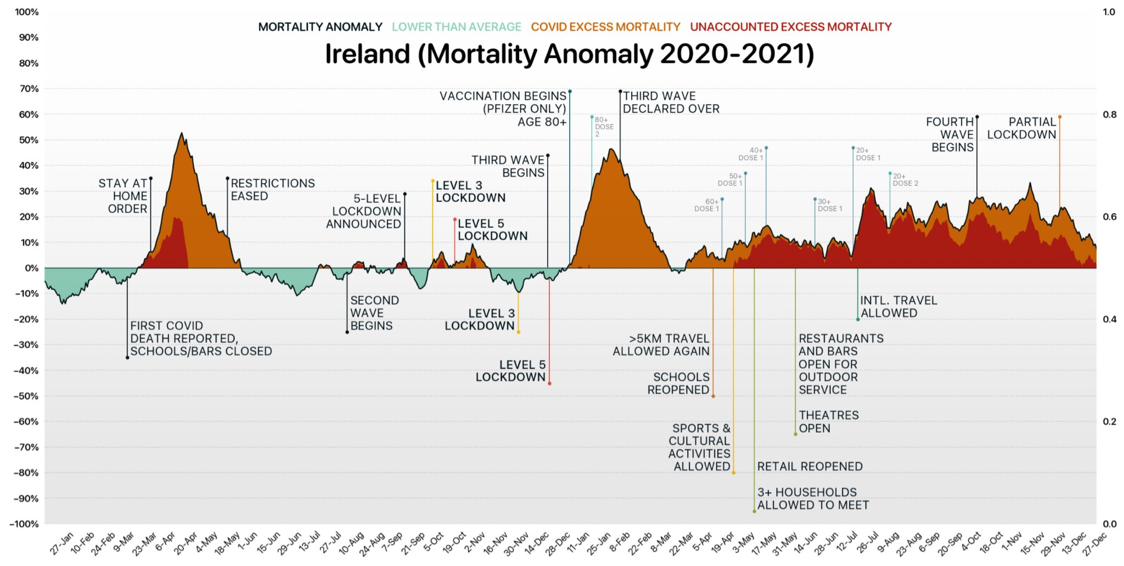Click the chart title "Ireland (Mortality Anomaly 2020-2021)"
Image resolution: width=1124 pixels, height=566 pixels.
pyautogui.click(x=569, y=54)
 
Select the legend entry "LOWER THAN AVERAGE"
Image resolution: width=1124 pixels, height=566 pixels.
pyautogui.click(x=456, y=27)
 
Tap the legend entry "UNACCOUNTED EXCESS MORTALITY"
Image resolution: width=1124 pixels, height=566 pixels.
pyautogui.click(x=790, y=27)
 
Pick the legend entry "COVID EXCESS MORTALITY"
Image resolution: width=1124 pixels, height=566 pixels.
pyautogui.click(x=605, y=27)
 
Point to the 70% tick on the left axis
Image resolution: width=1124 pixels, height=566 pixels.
pyautogui.click(x=29, y=89)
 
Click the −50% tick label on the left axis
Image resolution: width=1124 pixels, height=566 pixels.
pyautogui.click(x=26, y=396)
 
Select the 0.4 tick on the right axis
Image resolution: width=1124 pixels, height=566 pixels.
pyautogui.click(x=1109, y=319)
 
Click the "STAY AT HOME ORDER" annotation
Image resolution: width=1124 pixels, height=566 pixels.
pyautogui.click(x=123, y=196)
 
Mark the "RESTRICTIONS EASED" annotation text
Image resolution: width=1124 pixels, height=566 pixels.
pyautogui.click(x=272, y=190)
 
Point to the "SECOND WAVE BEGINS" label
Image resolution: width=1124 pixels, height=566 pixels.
pyautogui.click(x=374, y=313)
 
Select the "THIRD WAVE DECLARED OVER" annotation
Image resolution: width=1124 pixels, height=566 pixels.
pyautogui.click(x=671, y=103)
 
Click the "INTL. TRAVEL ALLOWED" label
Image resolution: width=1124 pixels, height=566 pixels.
pyautogui.click(x=898, y=307)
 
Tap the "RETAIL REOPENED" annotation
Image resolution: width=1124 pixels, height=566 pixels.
pyautogui.click(x=810, y=467)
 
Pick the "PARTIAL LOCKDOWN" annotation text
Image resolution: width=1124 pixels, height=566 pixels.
pyautogui.click(x=1022, y=128)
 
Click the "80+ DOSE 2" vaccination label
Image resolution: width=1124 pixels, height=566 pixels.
pyautogui.click(x=604, y=127)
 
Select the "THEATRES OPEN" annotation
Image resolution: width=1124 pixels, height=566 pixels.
pyautogui.click(x=828, y=422)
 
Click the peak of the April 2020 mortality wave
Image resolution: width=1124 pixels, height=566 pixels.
pyautogui.click(x=182, y=133)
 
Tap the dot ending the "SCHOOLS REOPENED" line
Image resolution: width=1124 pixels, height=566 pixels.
pyautogui.click(x=713, y=396)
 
